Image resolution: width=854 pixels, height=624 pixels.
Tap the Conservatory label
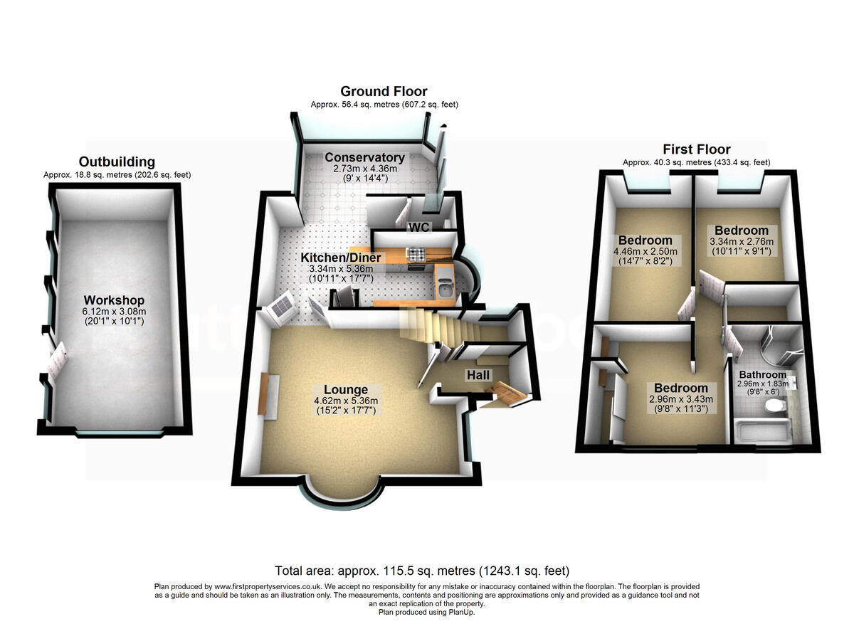point(364,157)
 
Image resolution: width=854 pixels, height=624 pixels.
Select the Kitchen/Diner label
point(340,258)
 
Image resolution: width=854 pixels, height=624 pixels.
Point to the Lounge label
point(346,389)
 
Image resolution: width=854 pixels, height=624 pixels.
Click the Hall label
point(478,374)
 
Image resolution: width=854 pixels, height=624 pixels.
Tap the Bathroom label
point(762,375)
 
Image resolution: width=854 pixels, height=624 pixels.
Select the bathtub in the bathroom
point(761,432)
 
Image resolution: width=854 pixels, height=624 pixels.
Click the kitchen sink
point(444,287)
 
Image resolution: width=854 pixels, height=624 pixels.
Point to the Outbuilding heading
point(117,162)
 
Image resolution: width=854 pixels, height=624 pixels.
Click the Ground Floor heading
point(384,91)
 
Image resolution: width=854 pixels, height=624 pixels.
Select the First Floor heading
point(696,149)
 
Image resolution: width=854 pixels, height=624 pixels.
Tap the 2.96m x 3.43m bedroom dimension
point(681,400)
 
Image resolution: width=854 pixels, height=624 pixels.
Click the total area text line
point(422,571)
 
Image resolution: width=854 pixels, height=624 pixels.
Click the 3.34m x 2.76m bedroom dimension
point(742,242)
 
